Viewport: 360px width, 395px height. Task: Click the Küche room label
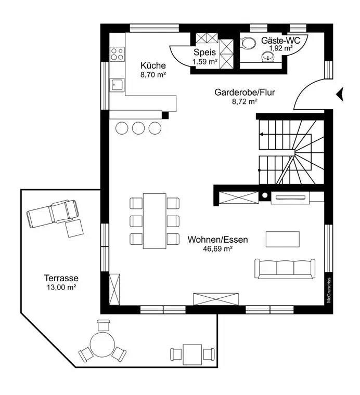pos(153,65)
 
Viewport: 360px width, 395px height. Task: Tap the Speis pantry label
pos(204,52)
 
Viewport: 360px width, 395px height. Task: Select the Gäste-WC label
pos(279,39)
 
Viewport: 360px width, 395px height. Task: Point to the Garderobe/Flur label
pos(245,93)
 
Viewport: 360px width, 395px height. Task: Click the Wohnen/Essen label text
pos(217,240)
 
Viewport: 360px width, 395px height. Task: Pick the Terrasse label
pos(61,278)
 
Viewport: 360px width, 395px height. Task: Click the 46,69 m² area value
pos(217,249)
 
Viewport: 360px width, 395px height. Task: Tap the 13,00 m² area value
pos(61,287)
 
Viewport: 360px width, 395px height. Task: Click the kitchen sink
pos(117,85)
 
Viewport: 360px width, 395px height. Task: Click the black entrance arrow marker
pos(340,94)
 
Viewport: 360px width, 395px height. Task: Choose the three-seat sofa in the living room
pos(284,268)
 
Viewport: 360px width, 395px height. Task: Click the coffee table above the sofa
pos(282,239)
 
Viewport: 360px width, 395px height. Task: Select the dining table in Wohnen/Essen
pos(154,221)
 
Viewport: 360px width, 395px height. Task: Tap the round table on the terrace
pos(103,344)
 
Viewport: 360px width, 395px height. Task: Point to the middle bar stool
pos(138,128)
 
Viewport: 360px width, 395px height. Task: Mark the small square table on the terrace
pos(192,353)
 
